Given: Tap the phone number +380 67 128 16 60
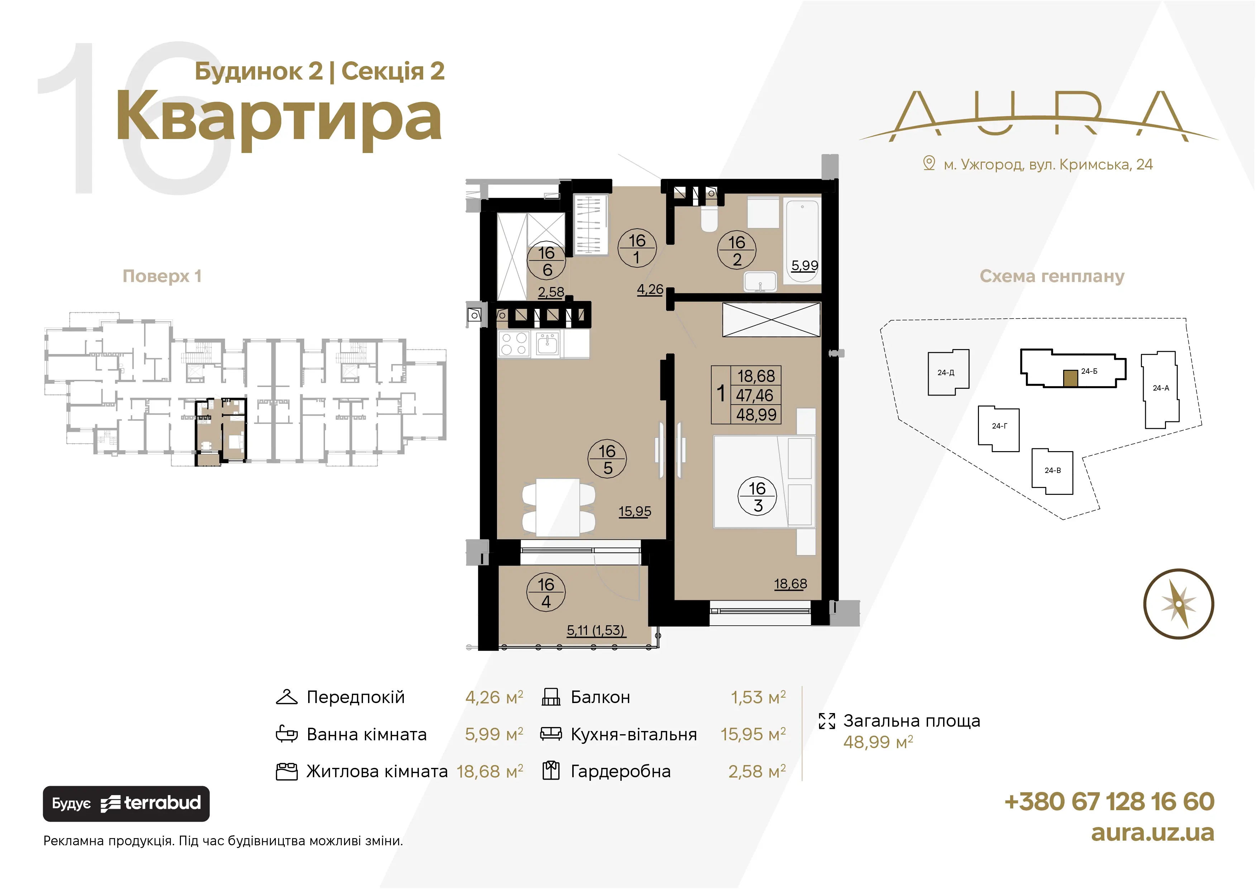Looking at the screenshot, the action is click(x=1109, y=802).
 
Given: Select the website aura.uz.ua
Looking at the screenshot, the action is click(x=1152, y=833).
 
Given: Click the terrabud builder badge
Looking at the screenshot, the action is click(x=126, y=804).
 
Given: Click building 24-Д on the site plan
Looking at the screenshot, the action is click(x=948, y=372).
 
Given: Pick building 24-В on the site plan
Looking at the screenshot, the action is click(x=1052, y=471).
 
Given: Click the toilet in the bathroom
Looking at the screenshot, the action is click(x=709, y=219).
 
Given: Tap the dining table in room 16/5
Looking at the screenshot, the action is click(x=558, y=507).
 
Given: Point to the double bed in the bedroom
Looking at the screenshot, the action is click(x=764, y=482).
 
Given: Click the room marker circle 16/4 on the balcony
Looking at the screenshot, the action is click(x=546, y=593).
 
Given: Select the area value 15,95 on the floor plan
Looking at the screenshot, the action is click(x=635, y=511).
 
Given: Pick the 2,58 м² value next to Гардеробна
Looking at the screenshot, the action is click(x=757, y=771).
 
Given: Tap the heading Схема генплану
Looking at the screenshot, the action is click(x=1052, y=276).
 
